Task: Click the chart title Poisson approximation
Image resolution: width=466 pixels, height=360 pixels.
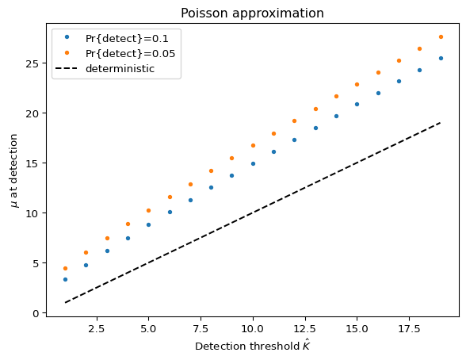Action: tap(252, 13)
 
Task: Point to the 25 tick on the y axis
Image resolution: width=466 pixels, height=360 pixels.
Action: tap(32, 63)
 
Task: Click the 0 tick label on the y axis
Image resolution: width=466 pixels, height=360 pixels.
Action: tap(36, 313)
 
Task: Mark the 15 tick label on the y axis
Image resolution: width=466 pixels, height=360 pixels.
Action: tap(32, 163)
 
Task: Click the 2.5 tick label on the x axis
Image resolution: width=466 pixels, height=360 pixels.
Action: tap(97, 329)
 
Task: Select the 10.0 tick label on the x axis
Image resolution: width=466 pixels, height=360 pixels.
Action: tap(253, 329)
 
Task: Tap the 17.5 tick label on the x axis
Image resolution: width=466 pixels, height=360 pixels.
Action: tap(409, 329)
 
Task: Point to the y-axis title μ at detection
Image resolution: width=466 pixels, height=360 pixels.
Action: tap(13, 170)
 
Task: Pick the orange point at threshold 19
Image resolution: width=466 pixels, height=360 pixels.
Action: tap(441, 36)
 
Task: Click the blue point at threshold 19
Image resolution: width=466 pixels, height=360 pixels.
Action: tap(441, 58)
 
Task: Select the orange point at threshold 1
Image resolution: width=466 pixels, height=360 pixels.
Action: tap(65, 269)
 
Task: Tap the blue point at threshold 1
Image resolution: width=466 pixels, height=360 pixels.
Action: tap(65, 279)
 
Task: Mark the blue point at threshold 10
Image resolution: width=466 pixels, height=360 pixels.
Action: tap(254, 164)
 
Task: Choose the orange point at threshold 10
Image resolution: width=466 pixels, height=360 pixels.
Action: tap(254, 145)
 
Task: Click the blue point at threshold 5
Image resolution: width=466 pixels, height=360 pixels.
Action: tap(149, 224)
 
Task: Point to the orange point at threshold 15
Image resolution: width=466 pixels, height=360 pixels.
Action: tap(357, 84)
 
